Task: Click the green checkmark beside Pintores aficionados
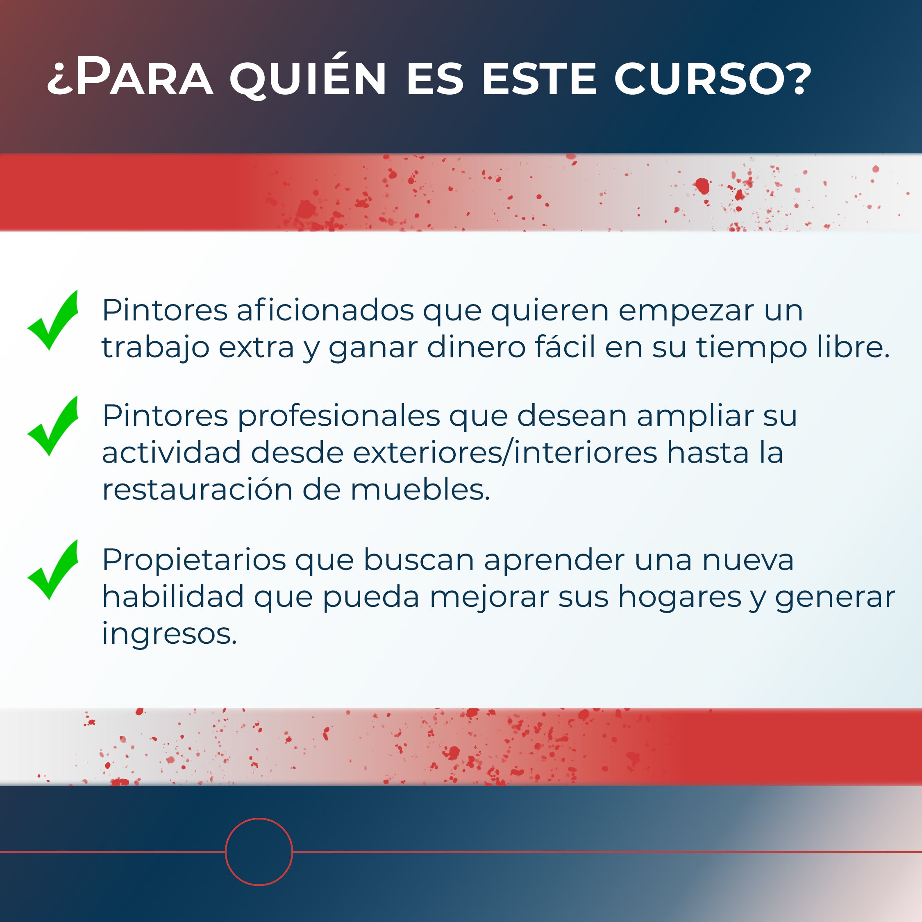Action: coord(53,320)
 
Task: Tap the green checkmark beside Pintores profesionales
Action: coord(53,426)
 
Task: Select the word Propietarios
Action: coord(194,560)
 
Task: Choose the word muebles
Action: coord(420,490)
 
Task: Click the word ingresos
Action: coord(169,634)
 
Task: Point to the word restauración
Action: coord(198,490)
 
